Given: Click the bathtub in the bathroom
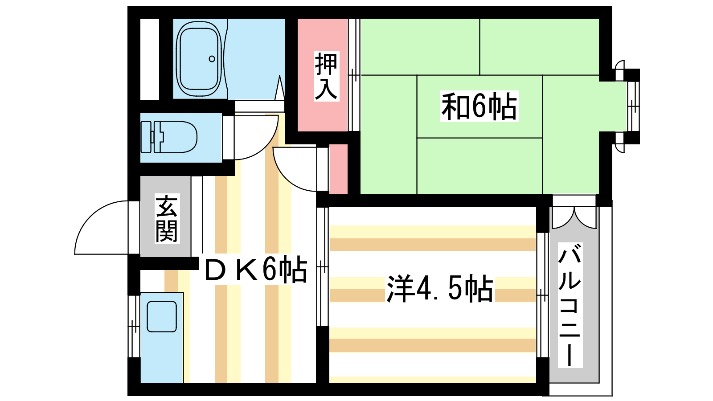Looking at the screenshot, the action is pyautogui.click(x=199, y=59).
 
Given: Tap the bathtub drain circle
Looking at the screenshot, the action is pyautogui.click(x=212, y=59).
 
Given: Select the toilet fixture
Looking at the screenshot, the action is pyautogui.click(x=169, y=137).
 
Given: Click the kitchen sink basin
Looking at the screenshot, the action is pyautogui.click(x=162, y=317).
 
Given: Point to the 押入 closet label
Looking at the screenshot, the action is pyautogui.click(x=326, y=76).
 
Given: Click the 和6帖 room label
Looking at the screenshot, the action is pyautogui.click(x=479, y=106).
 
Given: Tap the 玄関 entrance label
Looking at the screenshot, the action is pyautogui.click(x=167, y=219).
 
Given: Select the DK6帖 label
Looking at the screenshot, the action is pyautogui.click(x=256, y=269).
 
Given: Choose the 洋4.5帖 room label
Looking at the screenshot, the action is pyautogui.click(x=440, y=289).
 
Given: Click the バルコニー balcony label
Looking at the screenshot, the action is pyautogui.click(x=570, y=304).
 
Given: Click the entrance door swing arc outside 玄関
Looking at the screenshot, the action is pyautogui.click(x=102, y=228).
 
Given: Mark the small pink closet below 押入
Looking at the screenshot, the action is pyautogui.click(x=338, y=169).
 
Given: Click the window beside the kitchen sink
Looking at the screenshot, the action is pyautogui.click(x=134, y=327).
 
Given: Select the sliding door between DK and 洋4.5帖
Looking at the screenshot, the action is pyautogui.click(x=323, y=267).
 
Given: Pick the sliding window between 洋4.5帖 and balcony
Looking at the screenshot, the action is pyautogui.click(x=542, y=295).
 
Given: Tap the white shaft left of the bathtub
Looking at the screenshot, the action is pyautogui.click(x=150, y=59).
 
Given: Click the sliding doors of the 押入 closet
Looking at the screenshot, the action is pyautogui.click(x=354, y=75).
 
